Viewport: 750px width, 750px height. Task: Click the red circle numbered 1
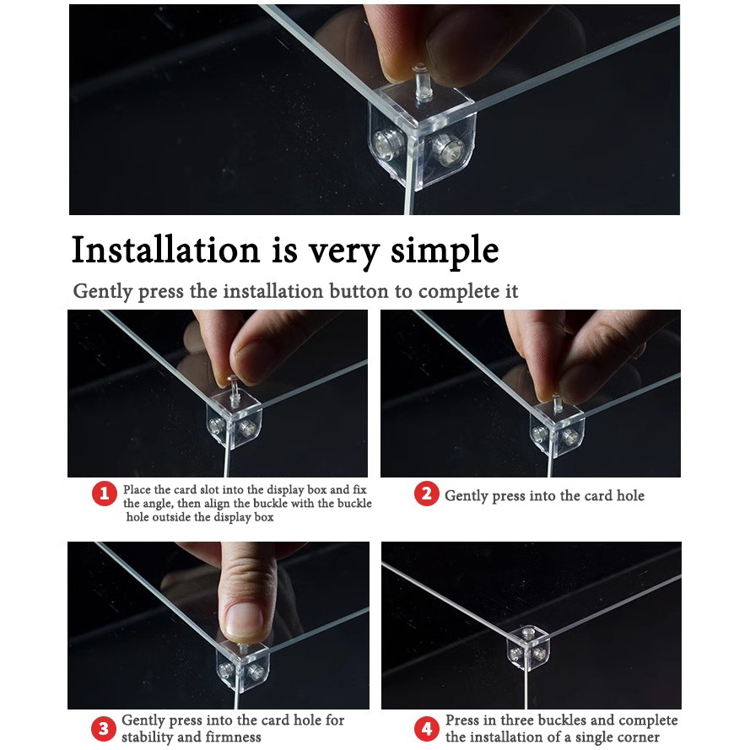coord(105,494)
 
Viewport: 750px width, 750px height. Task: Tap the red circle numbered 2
coord(426,494)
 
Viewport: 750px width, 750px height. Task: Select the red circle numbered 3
coord(103,729)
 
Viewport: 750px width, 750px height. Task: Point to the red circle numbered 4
coord(427,728)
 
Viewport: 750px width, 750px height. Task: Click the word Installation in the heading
coord(165,250)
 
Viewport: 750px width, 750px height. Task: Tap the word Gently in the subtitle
coord(102,292)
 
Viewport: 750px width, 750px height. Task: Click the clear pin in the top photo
coord(422,83)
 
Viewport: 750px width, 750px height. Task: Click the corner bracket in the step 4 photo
coord(527,648)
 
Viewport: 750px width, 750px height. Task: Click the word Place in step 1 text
coord(137,490)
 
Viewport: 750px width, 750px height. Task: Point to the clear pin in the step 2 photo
coord(557,404)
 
